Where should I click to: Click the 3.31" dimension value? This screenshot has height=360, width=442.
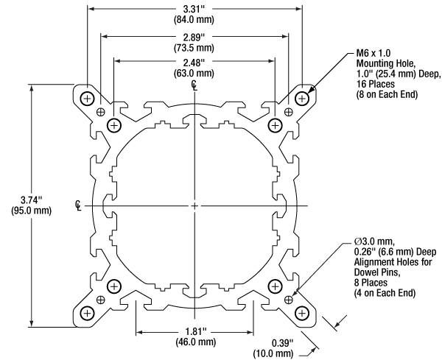point(195,9)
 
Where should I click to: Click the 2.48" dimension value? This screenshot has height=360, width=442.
point(195,63)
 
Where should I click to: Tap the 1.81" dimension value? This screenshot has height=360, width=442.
point(194,331)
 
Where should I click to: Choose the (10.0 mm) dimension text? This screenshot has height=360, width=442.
point(274,353)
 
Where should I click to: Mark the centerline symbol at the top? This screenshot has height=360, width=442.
point(194,85)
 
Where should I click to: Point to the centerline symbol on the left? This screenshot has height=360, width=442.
point(80,204)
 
